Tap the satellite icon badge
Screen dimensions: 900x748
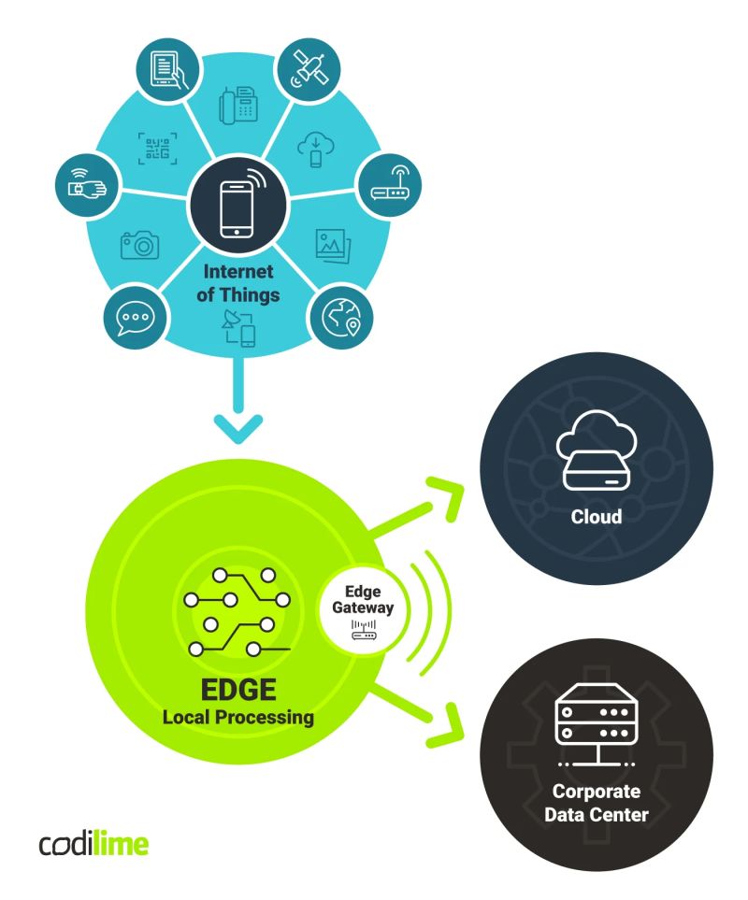(x=311, y=67)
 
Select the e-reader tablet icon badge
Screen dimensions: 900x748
(x=165, y=67)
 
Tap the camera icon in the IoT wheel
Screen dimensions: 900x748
(x=139, y=244)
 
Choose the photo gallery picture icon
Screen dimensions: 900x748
(x=333, y=245)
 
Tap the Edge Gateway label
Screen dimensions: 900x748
(x=363, y=599)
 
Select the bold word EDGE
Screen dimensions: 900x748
(x=237, y=693)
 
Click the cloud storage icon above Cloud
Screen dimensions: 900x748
(x=596, y=455)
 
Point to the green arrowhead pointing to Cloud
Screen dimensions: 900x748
(x=447, y=493)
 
